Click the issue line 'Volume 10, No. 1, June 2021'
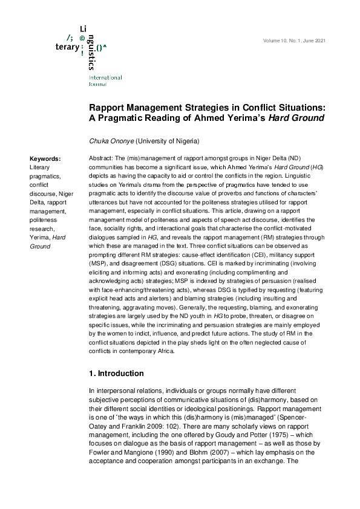[294, 41]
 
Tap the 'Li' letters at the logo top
[83, 29]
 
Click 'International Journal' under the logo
[105, 81]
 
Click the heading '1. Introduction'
[116, 374]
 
